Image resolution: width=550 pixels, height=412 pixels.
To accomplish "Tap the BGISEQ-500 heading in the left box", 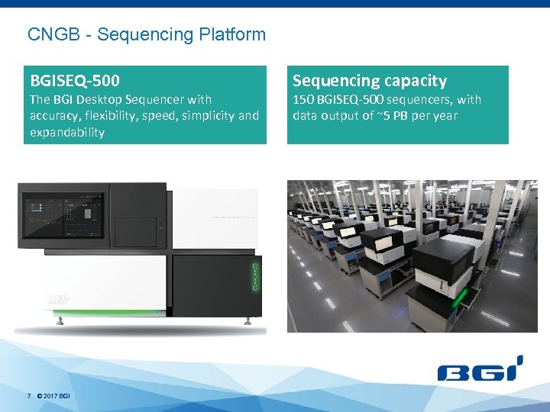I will point(74,80).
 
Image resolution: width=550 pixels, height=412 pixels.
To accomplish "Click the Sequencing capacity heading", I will point(370,80).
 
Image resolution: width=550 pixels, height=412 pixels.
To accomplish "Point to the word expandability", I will point(66,132).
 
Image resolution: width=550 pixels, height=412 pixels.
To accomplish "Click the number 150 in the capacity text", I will point(303,99).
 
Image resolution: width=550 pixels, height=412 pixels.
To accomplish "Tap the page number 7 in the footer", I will point(28,396).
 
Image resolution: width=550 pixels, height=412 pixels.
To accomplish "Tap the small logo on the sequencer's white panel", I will point(55,299).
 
